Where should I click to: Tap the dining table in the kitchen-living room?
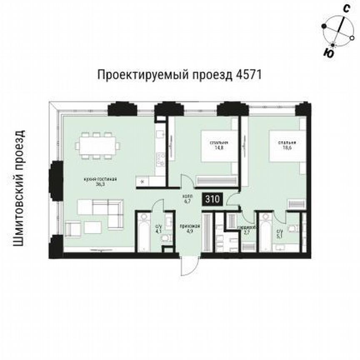point(98,145)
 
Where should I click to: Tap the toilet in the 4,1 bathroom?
point(166,238)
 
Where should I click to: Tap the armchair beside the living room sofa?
point(73,229)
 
